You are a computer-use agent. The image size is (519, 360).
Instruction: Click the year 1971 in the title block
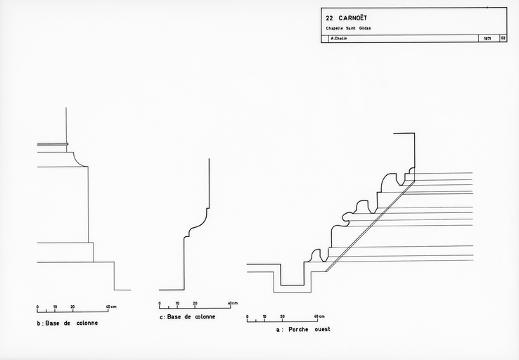coord(487,39)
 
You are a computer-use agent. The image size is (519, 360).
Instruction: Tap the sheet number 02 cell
coord(503,39)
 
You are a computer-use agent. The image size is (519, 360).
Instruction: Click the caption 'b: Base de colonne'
coord(68,323)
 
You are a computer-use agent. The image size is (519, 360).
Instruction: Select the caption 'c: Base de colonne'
coord(188,316)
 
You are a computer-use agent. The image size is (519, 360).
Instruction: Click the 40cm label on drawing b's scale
coord(112,307)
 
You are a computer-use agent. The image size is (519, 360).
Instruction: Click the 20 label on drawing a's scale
coord(283,316)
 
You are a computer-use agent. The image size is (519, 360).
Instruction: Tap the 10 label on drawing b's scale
coord(55,307)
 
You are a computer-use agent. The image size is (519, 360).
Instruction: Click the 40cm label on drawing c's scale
coord(233,303)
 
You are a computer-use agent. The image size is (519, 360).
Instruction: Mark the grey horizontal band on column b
coord(53,145)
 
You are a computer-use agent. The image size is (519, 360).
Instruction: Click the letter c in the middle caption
coord(161,317)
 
